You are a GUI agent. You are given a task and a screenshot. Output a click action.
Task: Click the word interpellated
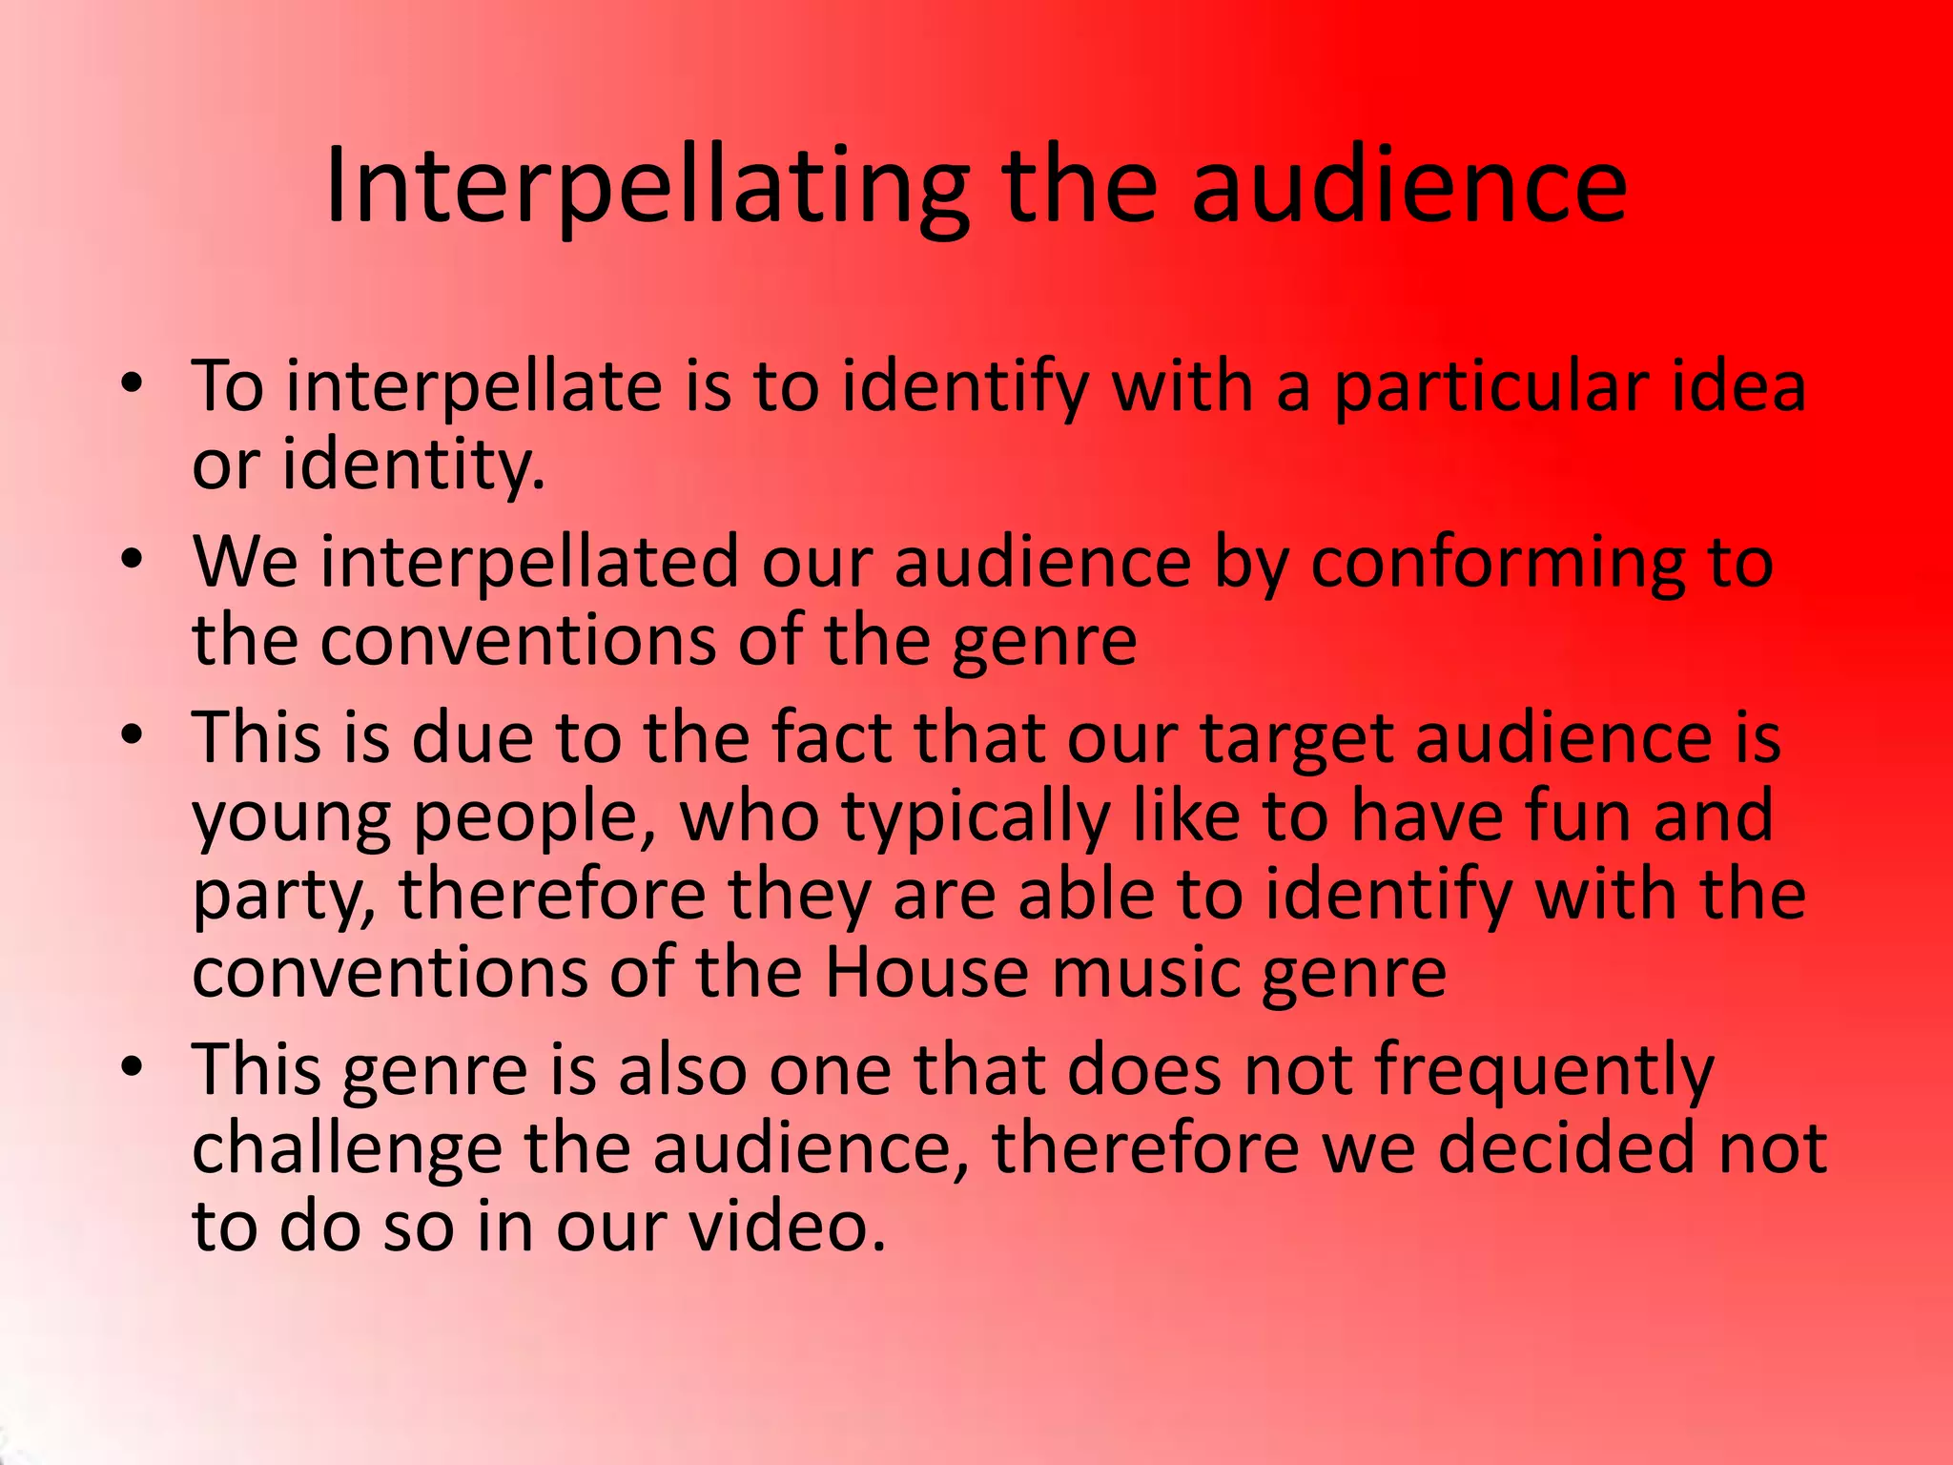coord(529,562)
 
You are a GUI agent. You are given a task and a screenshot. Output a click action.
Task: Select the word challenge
coord(347,1149)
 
